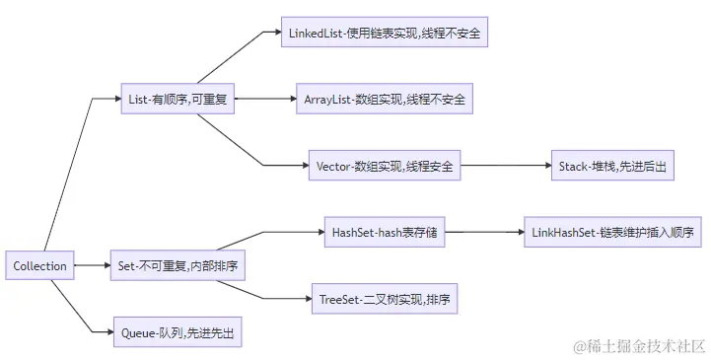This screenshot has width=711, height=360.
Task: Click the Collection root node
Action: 40,265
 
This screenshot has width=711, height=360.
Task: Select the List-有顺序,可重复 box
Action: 178,99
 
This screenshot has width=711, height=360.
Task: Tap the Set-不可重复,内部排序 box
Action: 178,265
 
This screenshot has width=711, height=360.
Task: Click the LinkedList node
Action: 386,33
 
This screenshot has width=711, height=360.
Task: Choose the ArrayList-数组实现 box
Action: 385,99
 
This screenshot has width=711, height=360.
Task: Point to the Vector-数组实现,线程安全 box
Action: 384,166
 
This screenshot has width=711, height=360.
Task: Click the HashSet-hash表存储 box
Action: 384,233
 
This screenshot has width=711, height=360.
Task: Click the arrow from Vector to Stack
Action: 506,166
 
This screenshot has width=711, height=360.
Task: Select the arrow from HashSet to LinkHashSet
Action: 483,233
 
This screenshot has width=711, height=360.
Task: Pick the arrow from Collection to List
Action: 69,178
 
